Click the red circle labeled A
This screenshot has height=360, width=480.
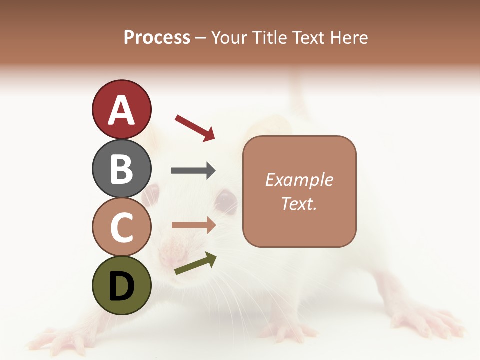click(x=121, y=110)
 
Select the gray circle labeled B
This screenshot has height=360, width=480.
click(x=121, y=168)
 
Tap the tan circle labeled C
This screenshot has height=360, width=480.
click(x=121, y=227)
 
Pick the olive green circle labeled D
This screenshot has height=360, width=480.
click(x=121, y=285)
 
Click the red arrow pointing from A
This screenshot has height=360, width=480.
click(x=195, y=127)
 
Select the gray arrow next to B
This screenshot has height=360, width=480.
click(x=193, y=171)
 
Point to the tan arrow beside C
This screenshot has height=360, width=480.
click(x=193, y=225)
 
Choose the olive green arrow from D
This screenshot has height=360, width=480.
click(x=195, y=264)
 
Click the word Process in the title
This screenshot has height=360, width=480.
click(x=157, y=37)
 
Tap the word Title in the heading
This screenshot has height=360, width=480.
click(x=270, y=37)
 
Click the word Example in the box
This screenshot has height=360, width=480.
click(x=299, y=180)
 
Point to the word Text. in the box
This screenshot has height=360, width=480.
click(x=299, y=203)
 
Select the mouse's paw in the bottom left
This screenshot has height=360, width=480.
click(x=55, y=340)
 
